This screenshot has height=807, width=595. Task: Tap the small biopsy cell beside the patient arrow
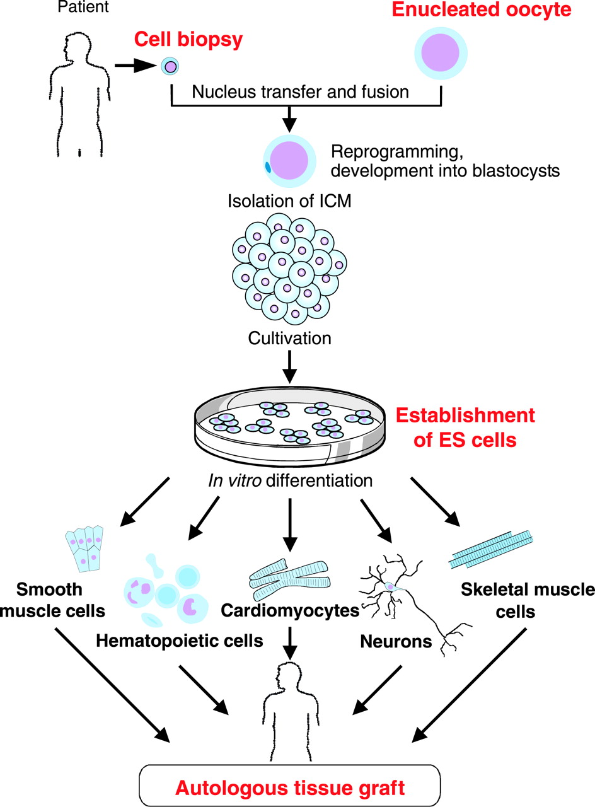click(169, 66)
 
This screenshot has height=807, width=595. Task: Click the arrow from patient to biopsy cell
click(135, 65)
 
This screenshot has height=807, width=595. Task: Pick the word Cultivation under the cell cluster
click(289, 338)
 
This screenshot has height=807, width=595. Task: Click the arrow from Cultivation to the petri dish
click(289, 367)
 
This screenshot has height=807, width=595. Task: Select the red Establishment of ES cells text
click(464, 427)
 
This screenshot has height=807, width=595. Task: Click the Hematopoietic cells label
click(179, 641)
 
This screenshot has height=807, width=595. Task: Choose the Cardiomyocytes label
click(290, 610)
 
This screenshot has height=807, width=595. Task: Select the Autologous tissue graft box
click(289, 786)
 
